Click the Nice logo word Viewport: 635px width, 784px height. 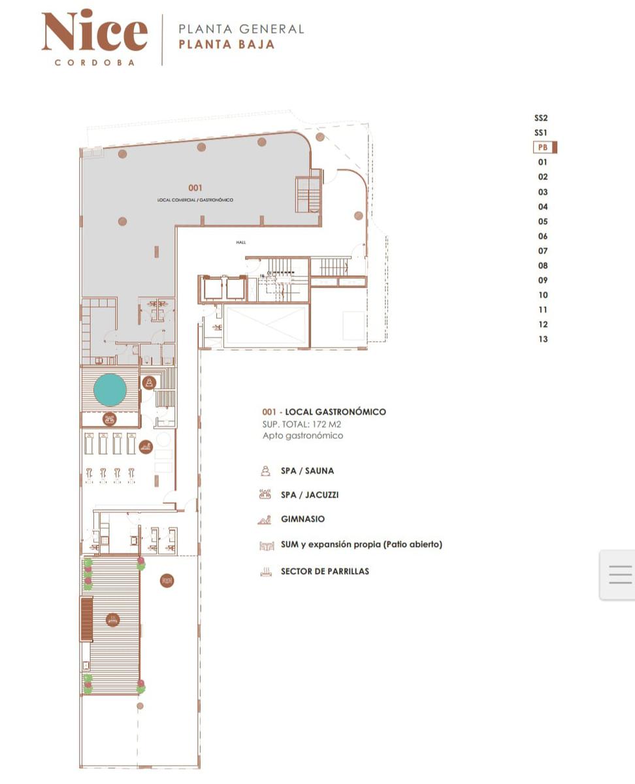click(x=95, y=30)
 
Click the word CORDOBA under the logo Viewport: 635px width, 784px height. click(x=95, y=63)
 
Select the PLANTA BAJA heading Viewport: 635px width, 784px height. click(x=227, y=44)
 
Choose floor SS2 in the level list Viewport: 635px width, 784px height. click(x=541, y=118)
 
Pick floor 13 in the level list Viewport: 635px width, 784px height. click(x=543, y=339)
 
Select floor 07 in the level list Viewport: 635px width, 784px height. click(x=543, y=251)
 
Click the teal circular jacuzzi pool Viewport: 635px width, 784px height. click(x=110, y=389)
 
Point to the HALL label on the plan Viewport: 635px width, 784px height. click(x=241, y=242)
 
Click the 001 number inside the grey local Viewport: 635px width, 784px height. click(x=195, y=188)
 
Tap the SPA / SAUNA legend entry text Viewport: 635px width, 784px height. click(x=308, y=471)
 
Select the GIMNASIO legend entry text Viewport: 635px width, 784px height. click(x=303, y=519)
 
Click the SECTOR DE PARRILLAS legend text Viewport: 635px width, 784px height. click(x=325, y=571)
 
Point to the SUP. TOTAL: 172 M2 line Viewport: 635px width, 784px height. click(x=302, y=425)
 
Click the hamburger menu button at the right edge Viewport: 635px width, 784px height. click(x=620, y=574)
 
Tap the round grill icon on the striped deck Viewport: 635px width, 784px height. click(x=112, y=620)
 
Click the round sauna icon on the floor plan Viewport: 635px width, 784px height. click(x=149, y=382)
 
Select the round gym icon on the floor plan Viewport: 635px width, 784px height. click(x=146, y=447)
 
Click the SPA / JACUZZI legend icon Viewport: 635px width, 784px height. click(x=265, y=495)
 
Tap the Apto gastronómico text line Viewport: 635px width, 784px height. click(x=303, y=436)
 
